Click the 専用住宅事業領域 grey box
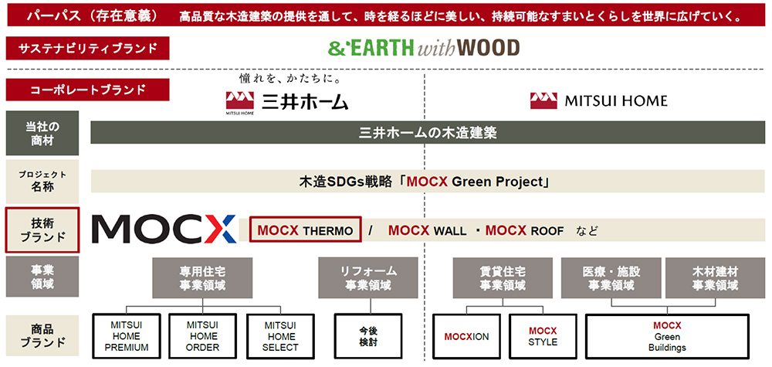tap(202, 278)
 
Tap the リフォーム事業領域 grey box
tap(368, 278)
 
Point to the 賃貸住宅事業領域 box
tap(503, 278)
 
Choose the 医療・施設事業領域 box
tap(612, 278)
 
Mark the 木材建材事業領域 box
tap(715, 278)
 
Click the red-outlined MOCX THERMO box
tap(305, 230)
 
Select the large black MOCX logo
tap(164, 229)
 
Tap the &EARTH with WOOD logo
tap(423, 48)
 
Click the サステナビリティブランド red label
tap(88, 48)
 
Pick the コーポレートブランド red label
tap(88, 90)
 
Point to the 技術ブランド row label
tap(42, 230)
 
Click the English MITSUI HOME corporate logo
tap(599, 101)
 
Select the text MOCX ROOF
tap(524, 230)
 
